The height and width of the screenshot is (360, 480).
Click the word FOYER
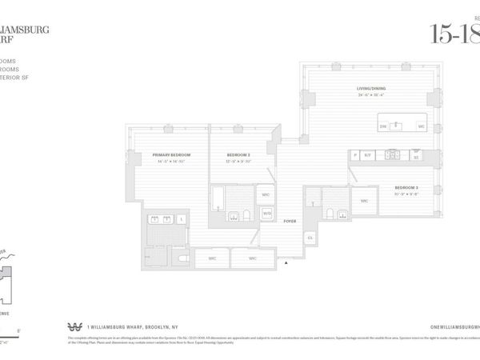tap(290, 221)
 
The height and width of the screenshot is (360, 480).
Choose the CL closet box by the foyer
tap(310, 238)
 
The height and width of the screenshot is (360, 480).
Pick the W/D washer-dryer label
tap(267, 213)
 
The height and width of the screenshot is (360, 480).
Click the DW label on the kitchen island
tap(382, 126)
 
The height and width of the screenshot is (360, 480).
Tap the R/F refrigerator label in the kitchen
tap(368, 155)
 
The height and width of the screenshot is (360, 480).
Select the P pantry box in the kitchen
tap(354, 155)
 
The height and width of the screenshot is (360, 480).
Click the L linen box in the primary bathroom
tap(182, 218)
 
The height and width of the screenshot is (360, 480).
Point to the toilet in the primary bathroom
tap(182, 258)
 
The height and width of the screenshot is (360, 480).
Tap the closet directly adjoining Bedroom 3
tap(364, 201)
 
